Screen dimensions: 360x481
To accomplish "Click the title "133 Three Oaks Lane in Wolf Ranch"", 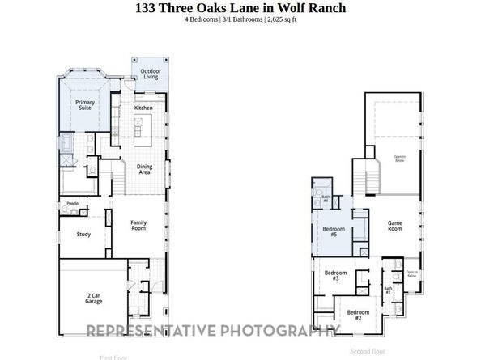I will [240, 8].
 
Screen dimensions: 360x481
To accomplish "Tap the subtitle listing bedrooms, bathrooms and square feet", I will [240, 19].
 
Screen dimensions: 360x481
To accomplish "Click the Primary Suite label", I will [85, 105].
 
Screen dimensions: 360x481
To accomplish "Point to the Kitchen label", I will [144, 108].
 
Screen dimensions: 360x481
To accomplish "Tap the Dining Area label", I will [144, 170].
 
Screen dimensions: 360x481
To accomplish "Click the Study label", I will [83, 235].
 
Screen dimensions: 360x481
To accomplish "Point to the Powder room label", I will [73, 203].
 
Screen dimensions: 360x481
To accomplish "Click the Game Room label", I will [395, 226].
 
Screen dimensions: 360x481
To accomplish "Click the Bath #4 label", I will [325, 197].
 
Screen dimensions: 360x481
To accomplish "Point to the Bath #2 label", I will [388, 289].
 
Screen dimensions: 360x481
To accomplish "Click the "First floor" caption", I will [114, 356].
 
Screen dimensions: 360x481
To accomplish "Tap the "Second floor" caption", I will [368, 351].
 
